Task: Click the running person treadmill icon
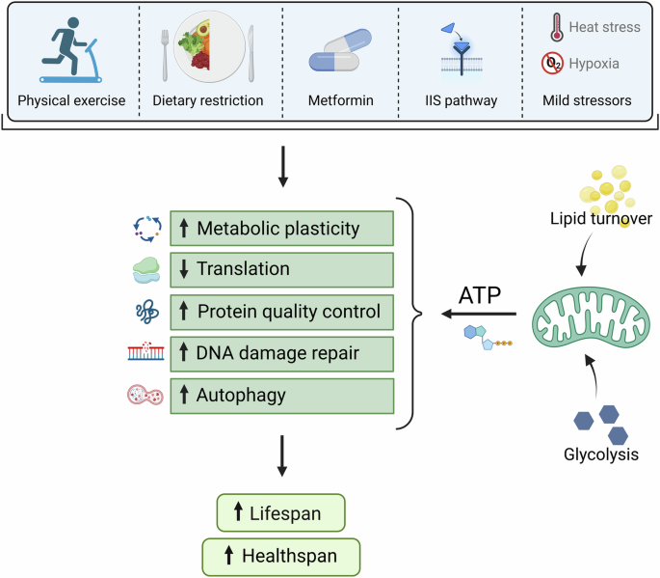tap(70, 50)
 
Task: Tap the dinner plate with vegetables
tap(210, 46)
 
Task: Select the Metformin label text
tap(340, 100)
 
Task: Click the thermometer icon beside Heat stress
tap(557, 27)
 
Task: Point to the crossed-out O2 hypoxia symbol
tap(552, 64)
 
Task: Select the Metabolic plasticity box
tap(282, 228)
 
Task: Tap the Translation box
tap(282, 270)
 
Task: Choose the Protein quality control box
tap(282, 312)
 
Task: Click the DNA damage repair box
tap(282, 354)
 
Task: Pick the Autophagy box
tap(282, 396)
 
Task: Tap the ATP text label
tap(480, 295)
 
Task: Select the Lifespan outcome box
tap(280, 512)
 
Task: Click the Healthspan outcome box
tap(281, 556)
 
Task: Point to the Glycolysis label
tap(601, 454)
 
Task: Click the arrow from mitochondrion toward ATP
tap(479, 314)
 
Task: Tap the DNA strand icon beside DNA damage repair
tap(145, 351)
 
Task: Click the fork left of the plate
tap(165, 55)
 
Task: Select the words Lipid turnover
tap(601, 218)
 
